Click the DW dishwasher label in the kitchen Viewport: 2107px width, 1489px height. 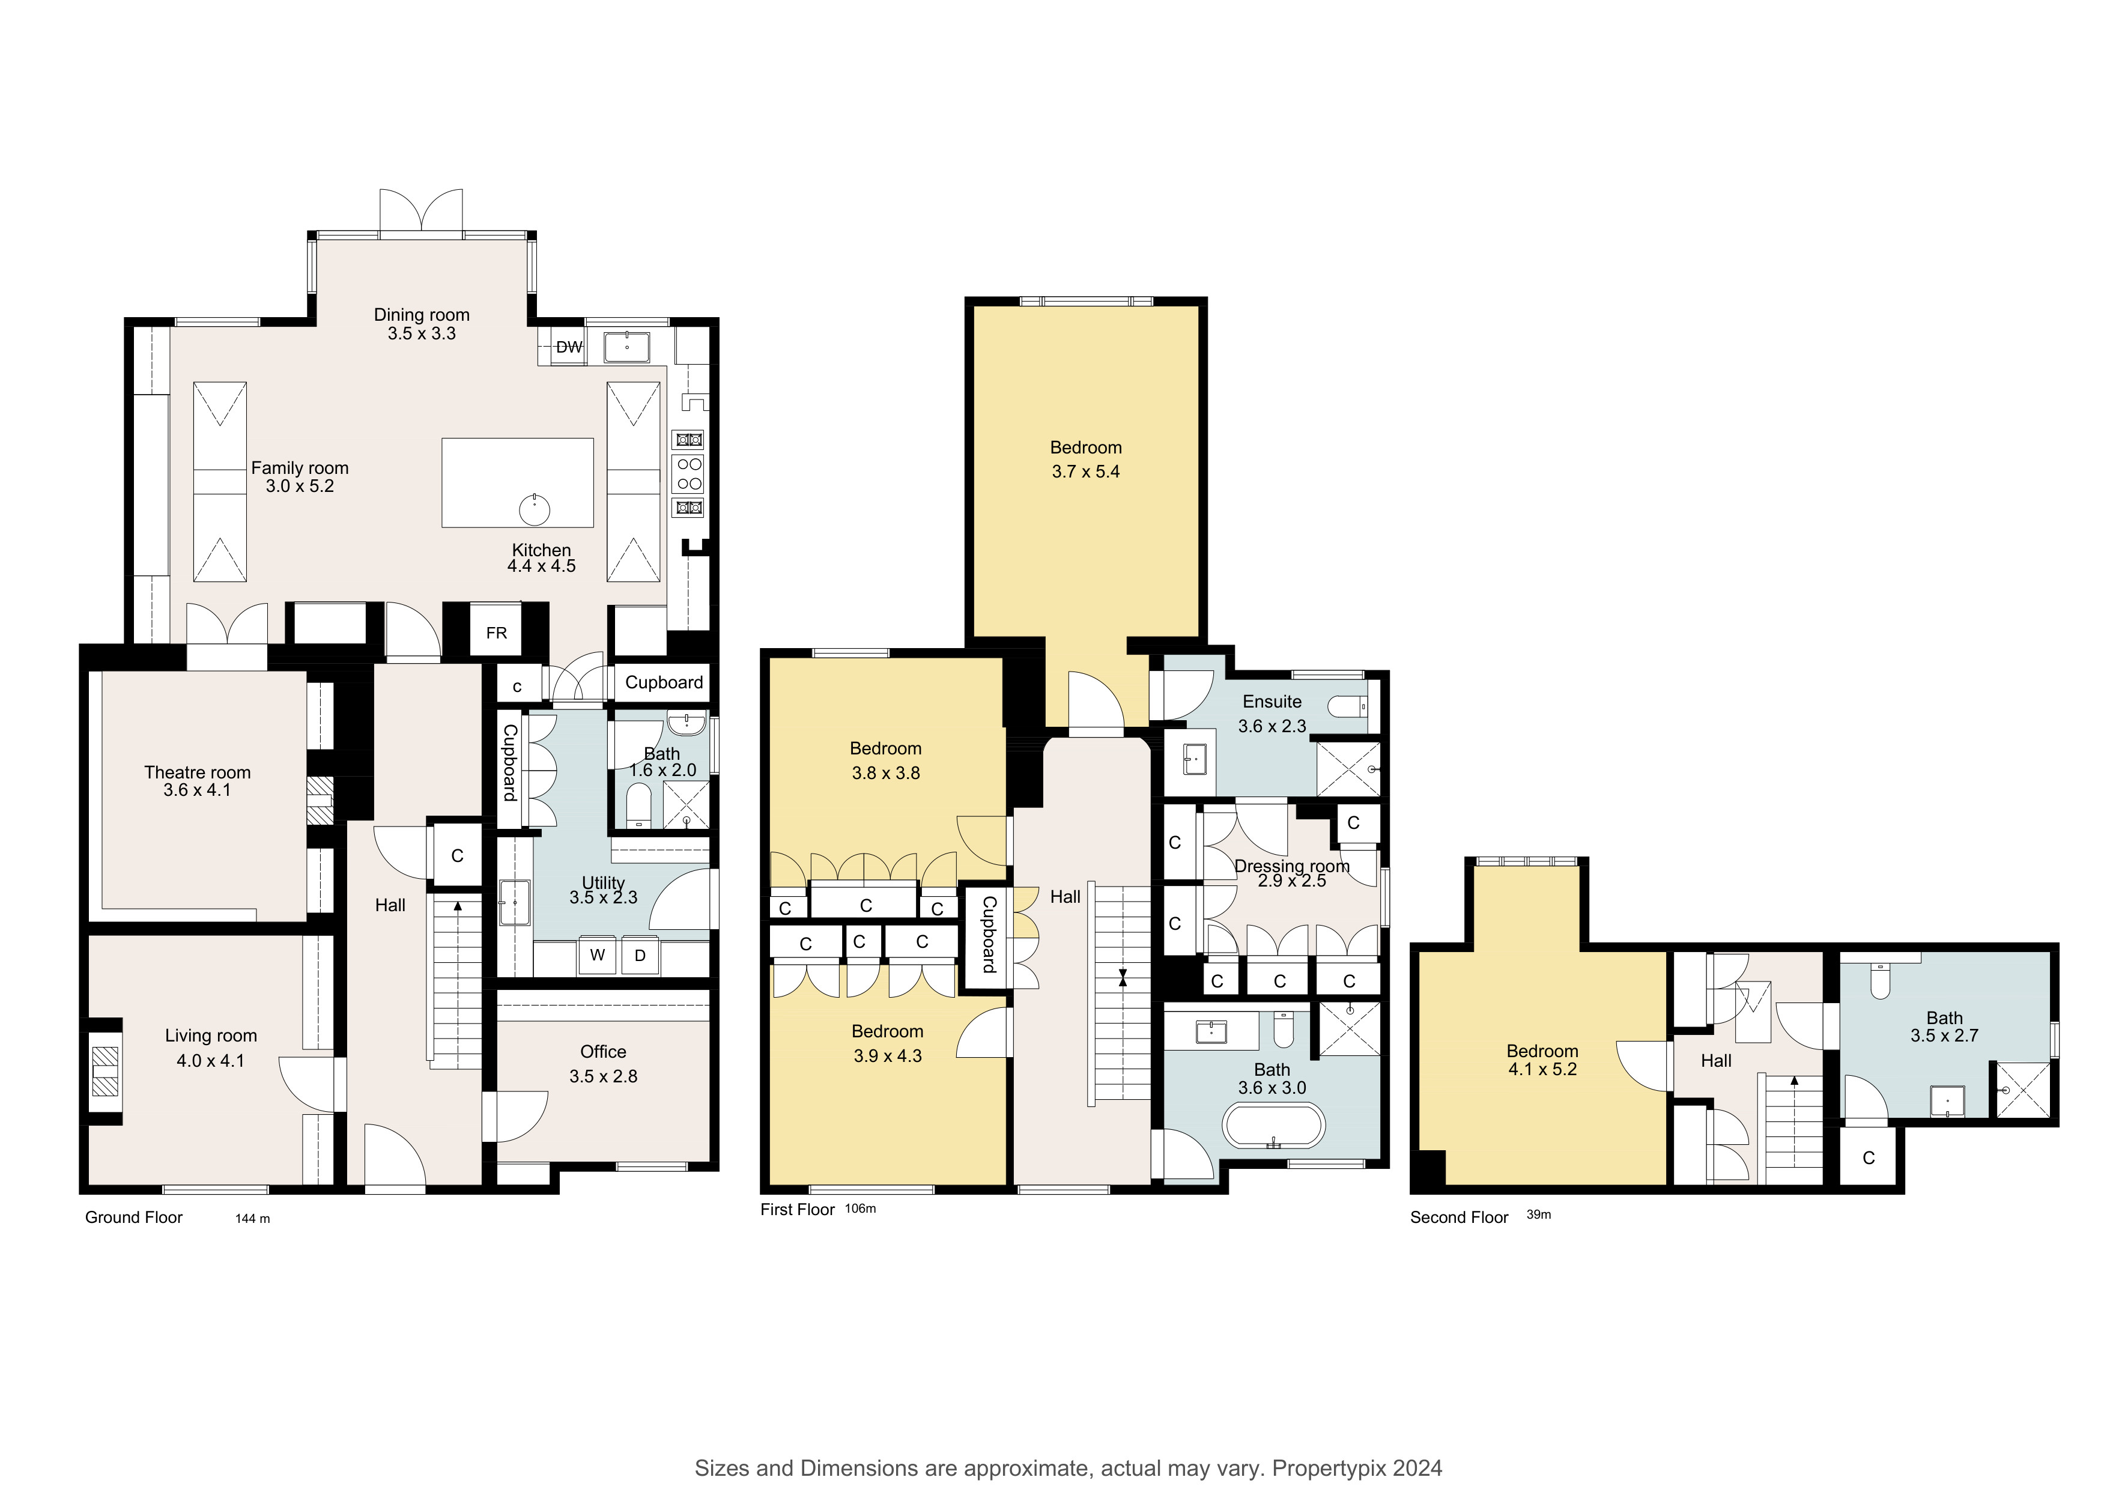pos(569,347)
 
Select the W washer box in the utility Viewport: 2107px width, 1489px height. pos(598,955)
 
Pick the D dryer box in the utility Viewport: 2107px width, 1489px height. pos(640,955)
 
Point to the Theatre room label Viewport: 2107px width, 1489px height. pos(197,772)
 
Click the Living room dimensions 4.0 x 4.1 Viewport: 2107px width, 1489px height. pos(210,1061)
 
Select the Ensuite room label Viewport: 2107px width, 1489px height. pos(1272,702)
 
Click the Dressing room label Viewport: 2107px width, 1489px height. pos(1292,866)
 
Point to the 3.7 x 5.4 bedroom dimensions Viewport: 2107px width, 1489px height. pos(1085,472)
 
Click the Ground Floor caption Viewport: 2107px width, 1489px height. pos(134,1218)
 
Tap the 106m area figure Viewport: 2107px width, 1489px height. pos(861,1208)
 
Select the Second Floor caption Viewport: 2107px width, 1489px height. pos(1459,1218)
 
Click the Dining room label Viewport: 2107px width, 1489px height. pos(421,315)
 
